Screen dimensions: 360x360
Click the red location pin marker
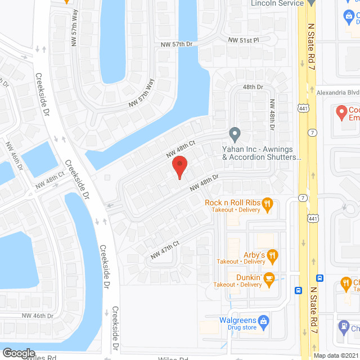pos(179,168)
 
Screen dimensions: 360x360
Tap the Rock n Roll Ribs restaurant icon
pos(268,203)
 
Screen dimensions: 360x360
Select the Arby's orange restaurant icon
pos(273,256)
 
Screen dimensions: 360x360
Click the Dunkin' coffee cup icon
pos(269,278)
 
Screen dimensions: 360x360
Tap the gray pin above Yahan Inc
pos(235,135)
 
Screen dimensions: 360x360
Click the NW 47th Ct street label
pos(164,249)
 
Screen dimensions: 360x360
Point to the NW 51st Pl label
pos(243,40)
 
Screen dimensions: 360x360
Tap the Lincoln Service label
pos(276,3)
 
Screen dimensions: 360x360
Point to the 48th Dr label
pos(253,87)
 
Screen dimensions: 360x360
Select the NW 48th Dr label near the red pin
pos(204,182)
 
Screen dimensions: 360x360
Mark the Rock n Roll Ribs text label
pos(231,203)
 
